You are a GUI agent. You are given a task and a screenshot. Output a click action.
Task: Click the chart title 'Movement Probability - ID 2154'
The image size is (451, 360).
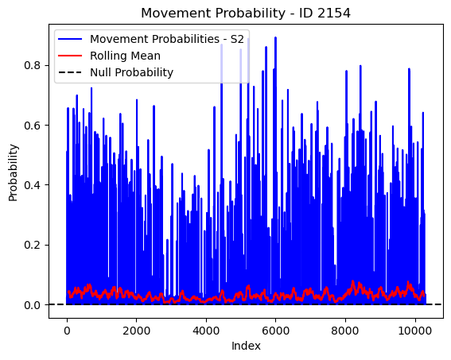246,14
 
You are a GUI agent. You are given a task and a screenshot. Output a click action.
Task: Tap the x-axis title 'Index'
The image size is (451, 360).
246,346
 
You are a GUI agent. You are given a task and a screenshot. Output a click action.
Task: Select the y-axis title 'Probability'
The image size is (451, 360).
14,173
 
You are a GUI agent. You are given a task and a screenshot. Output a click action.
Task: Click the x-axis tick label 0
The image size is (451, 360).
67,331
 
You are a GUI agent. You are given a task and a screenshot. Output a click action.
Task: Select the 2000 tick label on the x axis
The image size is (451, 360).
136,331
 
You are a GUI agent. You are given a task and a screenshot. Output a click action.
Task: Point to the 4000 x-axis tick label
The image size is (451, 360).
206,331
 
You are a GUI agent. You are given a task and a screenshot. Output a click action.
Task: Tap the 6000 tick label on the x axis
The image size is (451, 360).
275,331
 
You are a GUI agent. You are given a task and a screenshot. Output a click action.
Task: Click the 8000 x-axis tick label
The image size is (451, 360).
345,331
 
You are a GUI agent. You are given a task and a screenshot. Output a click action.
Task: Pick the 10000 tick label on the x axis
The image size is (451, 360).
414,331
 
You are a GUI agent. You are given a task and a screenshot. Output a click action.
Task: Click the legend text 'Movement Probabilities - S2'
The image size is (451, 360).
167,39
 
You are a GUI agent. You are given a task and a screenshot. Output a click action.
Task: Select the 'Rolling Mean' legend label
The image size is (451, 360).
125,56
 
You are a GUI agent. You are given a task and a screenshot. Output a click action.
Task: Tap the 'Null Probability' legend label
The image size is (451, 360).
132,72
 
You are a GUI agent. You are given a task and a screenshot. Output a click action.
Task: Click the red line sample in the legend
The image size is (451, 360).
70,56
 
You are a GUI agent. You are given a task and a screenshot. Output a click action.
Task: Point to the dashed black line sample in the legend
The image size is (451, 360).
70,72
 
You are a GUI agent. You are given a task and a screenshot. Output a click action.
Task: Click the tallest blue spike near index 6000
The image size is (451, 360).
275,37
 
